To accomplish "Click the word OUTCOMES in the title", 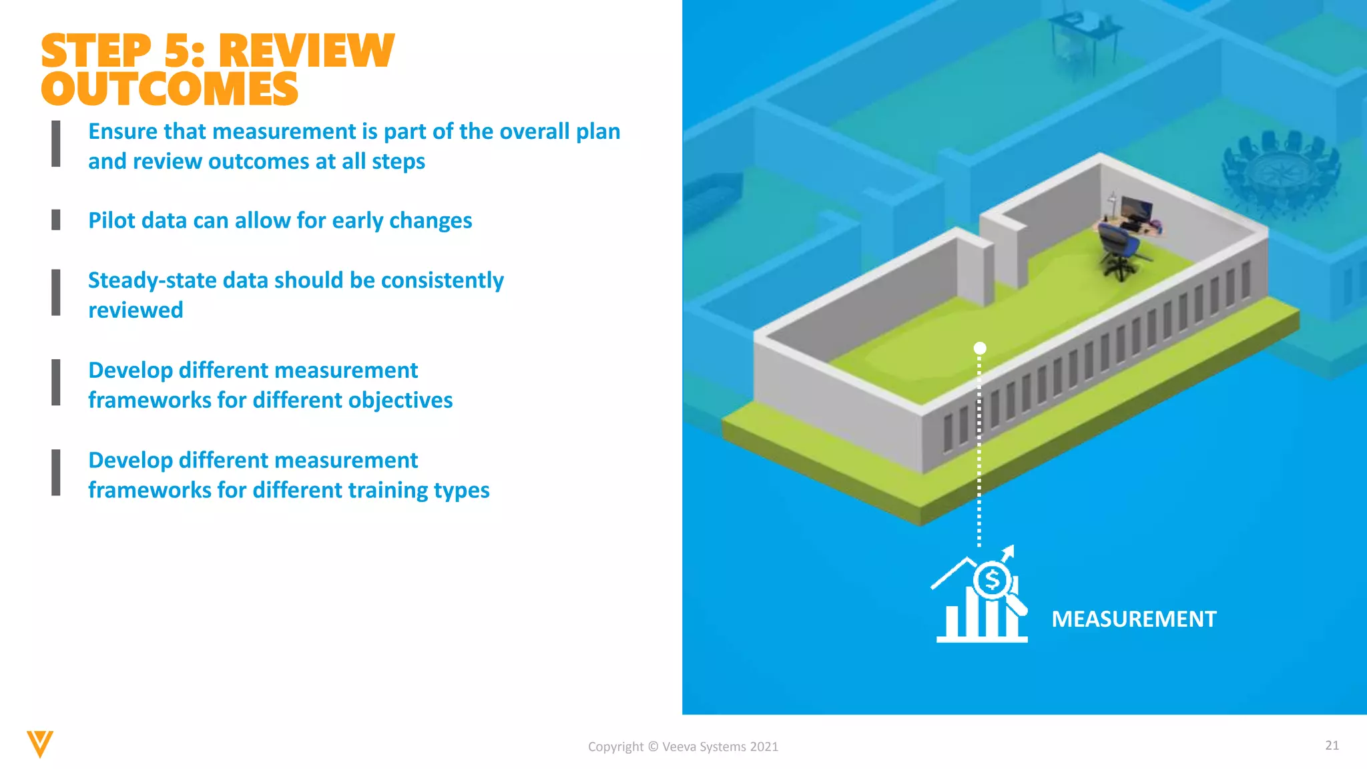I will (170, 89).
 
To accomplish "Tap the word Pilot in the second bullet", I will (109, 220).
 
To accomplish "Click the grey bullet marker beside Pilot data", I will (56, 220).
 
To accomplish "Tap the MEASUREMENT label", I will (1133, 619).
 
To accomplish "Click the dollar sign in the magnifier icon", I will (993, 579).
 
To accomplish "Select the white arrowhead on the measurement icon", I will (1009, 551).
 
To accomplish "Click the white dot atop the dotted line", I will (980, 348).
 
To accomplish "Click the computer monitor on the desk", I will (1136, 212).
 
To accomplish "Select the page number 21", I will (1332, 746).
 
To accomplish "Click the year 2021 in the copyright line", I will (764, 747).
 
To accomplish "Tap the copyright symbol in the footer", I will (653, 747).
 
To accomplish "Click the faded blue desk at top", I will (1082, 30).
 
